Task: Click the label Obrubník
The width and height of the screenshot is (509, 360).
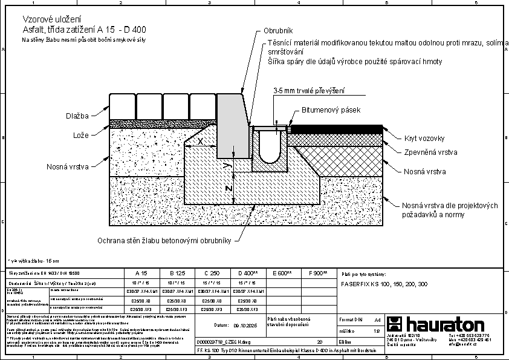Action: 278,31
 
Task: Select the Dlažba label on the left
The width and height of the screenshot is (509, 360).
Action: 78,116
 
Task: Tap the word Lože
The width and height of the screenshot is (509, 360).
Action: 81,134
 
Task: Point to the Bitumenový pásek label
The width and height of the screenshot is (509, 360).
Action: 331,110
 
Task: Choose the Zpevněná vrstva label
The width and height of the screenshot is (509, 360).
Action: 430,152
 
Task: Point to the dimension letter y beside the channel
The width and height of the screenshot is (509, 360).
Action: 225,163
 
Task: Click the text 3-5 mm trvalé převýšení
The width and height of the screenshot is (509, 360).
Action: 309,91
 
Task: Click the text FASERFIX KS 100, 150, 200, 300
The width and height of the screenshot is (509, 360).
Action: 384,283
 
